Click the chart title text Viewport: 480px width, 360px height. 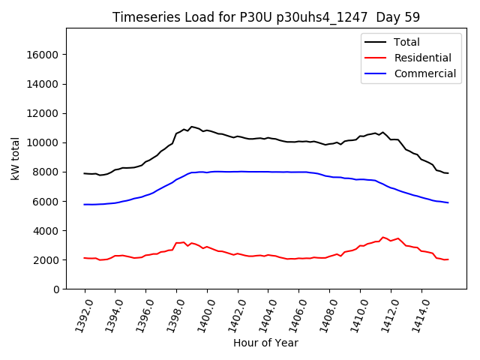click(265, 17)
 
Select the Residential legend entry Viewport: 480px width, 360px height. click(422, 58)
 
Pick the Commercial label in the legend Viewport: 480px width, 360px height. click(424, 73)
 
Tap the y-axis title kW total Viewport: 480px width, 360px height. click(15, 158)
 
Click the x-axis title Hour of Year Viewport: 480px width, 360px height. click(265, 343)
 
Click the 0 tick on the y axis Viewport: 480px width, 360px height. click(55, 289)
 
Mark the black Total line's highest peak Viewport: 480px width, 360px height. click(192, 127)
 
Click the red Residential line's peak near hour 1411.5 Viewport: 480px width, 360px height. click(382, 237)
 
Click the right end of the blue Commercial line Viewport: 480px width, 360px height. click(448, 202)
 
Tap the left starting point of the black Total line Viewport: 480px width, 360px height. click(85, 173)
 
